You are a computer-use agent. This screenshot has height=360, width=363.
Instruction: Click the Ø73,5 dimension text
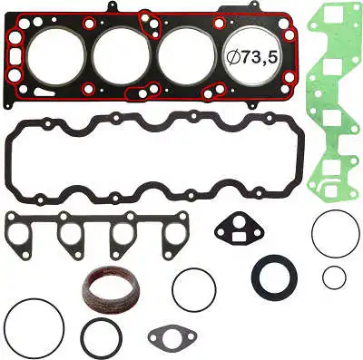(x=252, y=57)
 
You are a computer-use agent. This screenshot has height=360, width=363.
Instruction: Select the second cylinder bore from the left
(x=123, y=56)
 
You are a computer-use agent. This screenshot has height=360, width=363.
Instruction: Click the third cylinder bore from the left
(x=186, y=56)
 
